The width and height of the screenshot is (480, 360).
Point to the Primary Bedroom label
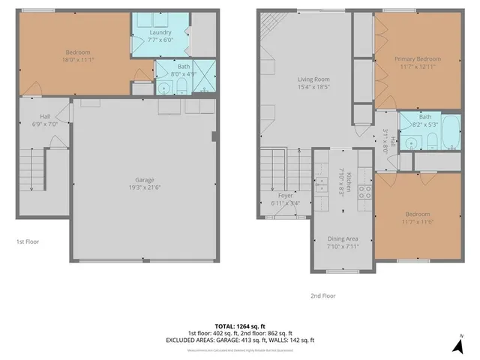tap(418, 58)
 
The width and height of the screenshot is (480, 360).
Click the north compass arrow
tap(457, 346)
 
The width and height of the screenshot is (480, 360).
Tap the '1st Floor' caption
tap(27, 242)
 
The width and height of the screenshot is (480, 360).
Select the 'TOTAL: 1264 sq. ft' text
tap(239, 325)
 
